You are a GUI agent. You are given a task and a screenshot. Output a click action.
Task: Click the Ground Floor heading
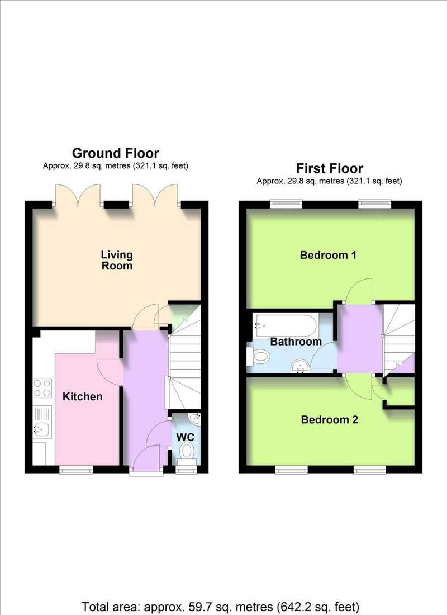(116, 153)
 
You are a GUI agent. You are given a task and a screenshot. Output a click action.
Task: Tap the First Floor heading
(329, 168)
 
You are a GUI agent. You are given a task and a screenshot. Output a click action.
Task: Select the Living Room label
(117, 260)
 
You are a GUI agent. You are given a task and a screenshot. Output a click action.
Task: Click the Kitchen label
(82, 396)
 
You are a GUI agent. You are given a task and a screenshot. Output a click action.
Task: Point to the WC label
(186, 437)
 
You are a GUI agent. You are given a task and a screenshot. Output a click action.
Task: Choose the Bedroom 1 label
(328, 256)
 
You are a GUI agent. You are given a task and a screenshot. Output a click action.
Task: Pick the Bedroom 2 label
(329, 420)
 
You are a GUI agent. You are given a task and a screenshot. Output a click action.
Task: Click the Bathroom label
(296, 342)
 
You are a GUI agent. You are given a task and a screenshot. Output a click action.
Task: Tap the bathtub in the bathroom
(285, 325)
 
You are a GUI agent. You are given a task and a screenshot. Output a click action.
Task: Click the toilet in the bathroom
(258, 357)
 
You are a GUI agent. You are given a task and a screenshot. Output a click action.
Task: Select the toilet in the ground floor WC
(186, 453)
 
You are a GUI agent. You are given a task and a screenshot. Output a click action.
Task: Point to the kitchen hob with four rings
(42, 388)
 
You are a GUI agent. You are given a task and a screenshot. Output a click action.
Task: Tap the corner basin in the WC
(194, 420)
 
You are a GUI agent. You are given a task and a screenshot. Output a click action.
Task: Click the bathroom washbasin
(301, 366)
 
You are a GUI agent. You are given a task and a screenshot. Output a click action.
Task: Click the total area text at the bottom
(220, 607)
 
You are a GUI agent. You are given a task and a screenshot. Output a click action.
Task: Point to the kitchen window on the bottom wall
(76, 470)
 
